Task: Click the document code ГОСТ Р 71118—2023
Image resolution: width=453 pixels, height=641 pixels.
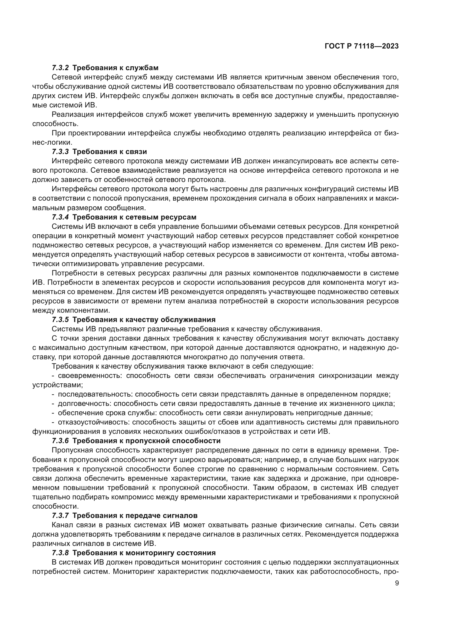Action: pos(362,46)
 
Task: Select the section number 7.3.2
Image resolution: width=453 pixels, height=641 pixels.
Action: pos(60,68)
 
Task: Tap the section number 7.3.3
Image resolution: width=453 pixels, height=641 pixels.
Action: pos(60,152)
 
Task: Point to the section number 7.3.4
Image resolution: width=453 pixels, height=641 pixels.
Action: pos(60,217)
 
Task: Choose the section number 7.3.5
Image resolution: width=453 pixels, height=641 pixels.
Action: pos(60,319)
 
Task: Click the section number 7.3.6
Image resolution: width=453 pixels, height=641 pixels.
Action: pos(60,441)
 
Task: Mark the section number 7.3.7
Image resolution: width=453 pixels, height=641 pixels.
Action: pos(60,515)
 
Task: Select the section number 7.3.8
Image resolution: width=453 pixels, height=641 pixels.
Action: pos(60,553)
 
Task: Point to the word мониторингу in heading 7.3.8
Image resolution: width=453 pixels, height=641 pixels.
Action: pos(151,553)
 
